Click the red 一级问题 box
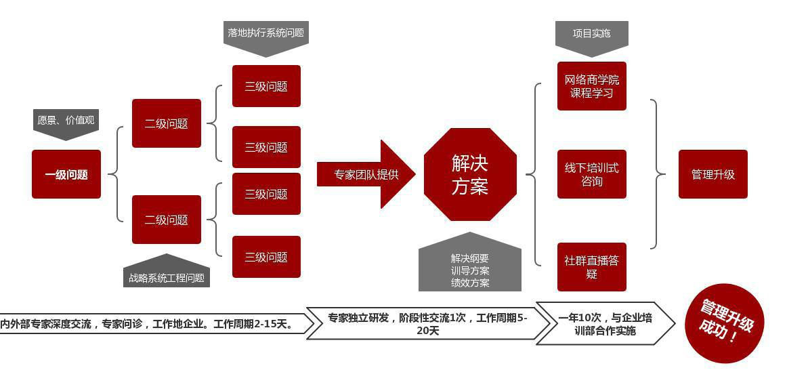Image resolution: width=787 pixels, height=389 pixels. (x=66, y=174)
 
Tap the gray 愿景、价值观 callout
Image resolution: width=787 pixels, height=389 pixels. (x=66, y=122)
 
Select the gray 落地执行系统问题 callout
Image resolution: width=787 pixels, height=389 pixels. (x=265, y=33)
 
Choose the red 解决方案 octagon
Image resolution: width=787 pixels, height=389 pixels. (x=470, y=174)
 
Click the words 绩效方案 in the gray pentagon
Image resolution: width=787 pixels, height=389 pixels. (x=470, y=283)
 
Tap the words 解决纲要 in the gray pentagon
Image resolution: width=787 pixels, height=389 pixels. (x=470, y=258)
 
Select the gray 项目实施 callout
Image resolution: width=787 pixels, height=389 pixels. (x=591, y=34)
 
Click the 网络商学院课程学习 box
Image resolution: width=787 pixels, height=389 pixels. (x=591, y=86)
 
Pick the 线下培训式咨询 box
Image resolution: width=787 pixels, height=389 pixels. (x=591, y=174)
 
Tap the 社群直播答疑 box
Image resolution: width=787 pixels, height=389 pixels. (x=591, y=266)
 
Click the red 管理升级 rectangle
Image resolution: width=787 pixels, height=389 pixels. (x=712, y=174)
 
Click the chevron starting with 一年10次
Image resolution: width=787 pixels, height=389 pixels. (x=605, y=324)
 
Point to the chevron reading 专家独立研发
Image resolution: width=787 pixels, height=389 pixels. (x=427, y=324)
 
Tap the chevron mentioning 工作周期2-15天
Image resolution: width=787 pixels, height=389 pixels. (x=152, y=324)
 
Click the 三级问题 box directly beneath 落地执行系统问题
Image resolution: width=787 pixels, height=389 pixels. (x=266, y=86)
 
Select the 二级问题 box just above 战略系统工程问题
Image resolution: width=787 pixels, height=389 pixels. (x=167, y=220)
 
